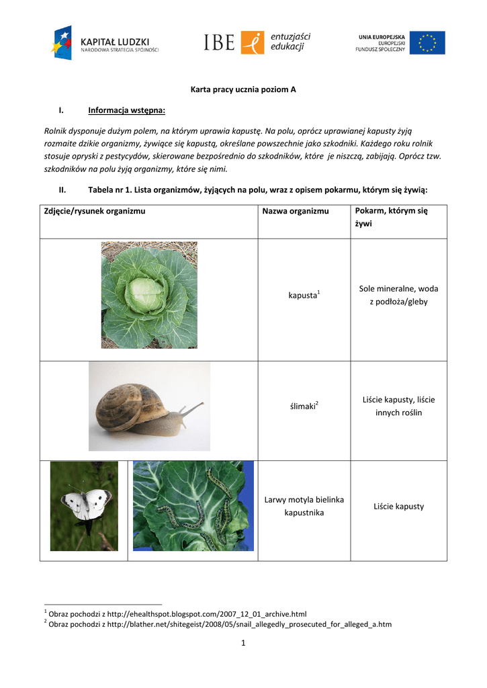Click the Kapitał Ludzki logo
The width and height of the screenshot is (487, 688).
click(x=104, y=43)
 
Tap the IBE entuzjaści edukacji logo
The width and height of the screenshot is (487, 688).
click(x=257, y=42)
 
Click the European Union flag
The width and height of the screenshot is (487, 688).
click(x=427, y=43)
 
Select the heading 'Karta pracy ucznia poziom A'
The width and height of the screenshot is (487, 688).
click(x=243, y=89)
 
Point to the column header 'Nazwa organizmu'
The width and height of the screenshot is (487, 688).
click(x=296, y=211)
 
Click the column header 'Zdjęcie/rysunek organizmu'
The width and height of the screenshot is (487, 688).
click(x=95, y=211)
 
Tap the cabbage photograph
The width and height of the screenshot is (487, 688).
click(x=149, y=295)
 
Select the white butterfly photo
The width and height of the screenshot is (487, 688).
click(x=84, y=505)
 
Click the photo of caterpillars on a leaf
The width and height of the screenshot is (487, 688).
click(x=193, y=505)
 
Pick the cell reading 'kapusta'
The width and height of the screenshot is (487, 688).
click(x=303, y=296)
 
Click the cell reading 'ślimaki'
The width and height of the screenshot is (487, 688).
click(x=304, y=406)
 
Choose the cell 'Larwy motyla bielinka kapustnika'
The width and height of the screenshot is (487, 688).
click(x=304, y=506)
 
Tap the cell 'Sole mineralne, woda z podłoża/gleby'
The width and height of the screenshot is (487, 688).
click(x=398, y=295)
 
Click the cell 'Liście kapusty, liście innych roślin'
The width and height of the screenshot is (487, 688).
click(x=398, y=406)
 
